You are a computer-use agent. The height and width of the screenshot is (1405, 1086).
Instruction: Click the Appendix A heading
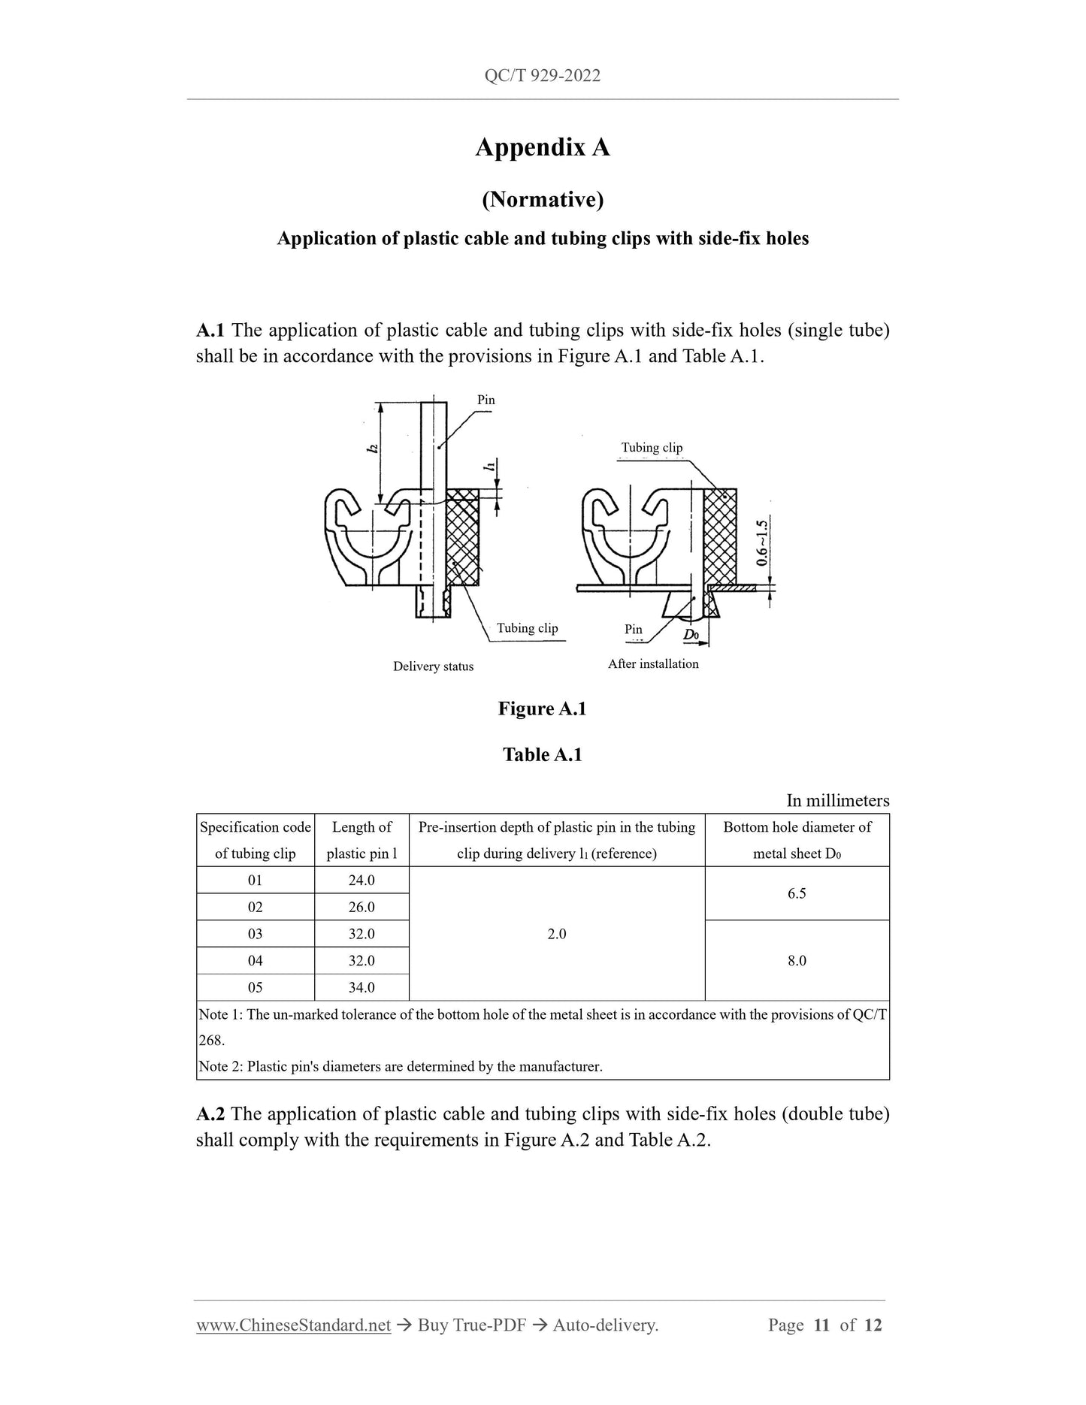tap(542, 147)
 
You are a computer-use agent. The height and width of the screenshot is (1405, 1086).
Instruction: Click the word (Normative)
tap(542, 199)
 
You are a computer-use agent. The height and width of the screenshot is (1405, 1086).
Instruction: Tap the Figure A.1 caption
tap(542, 709)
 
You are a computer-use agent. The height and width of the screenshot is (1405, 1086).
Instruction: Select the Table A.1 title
tap(542, 754)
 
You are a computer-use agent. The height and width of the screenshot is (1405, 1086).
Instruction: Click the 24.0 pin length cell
tap(361, 880)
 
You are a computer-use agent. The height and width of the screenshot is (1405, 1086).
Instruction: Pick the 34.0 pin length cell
tap(361, 987)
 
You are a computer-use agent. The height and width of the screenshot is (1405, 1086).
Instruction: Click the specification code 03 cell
tap(256, 934)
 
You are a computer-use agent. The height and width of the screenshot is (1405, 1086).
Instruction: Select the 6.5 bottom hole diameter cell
tap(797, 893)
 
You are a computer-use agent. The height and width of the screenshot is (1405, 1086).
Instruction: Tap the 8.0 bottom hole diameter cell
tap(797, 960)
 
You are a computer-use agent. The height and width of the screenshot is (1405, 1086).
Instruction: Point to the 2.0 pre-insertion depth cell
tap(557, 934)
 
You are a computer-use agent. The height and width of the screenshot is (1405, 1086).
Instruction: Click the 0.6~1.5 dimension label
tap(762, 542)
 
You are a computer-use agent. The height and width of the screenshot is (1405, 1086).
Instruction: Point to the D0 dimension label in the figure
tap(691, 635)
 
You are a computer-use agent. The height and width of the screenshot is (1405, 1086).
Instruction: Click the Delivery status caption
tap(433, 666)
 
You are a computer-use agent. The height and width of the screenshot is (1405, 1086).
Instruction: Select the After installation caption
tap(653, 663)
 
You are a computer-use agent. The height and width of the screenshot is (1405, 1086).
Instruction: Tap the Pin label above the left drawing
tap(486, 400)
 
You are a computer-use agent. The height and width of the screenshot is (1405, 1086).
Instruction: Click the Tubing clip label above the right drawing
tap(652, 448)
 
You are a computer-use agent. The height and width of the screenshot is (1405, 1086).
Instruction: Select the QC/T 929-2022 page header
tap(542, 76)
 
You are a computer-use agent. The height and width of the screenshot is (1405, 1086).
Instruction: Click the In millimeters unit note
tap(837, 800)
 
